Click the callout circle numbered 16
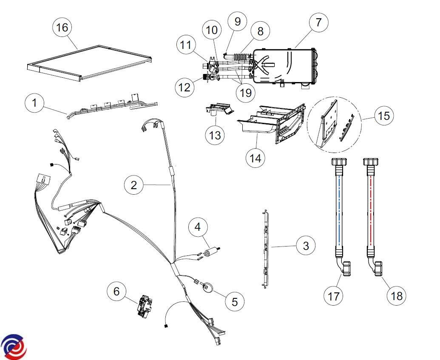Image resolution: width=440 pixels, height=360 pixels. [x=62, y=28]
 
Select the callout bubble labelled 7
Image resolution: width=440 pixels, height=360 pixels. [x=319, y=23]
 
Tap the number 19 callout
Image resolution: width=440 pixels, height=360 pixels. [x=246, y=92]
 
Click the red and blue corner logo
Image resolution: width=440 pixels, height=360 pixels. [x=14, y=345]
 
